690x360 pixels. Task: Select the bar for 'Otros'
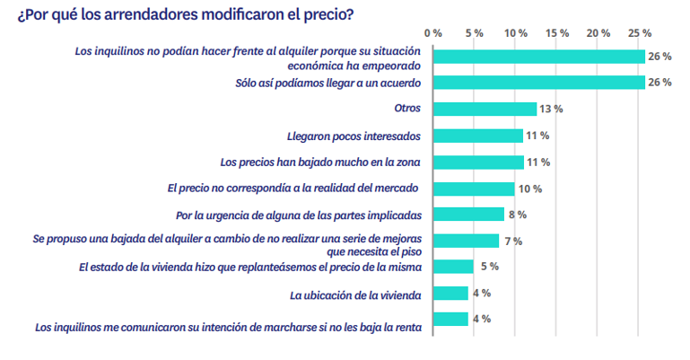485,109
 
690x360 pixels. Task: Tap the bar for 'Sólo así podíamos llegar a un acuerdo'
539,83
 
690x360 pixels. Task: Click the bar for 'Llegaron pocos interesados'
477,136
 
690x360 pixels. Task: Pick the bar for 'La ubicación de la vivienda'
450,293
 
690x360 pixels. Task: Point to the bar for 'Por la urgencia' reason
468,215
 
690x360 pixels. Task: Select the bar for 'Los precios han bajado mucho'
478,162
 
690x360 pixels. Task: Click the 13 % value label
551,109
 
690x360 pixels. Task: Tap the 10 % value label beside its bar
530,189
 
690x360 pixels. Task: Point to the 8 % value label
517,215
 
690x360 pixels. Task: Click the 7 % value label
511,241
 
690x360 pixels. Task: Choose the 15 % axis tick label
557,32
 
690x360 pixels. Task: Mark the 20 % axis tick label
598,32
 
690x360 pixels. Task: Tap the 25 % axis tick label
640,32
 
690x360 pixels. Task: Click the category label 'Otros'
408,109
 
